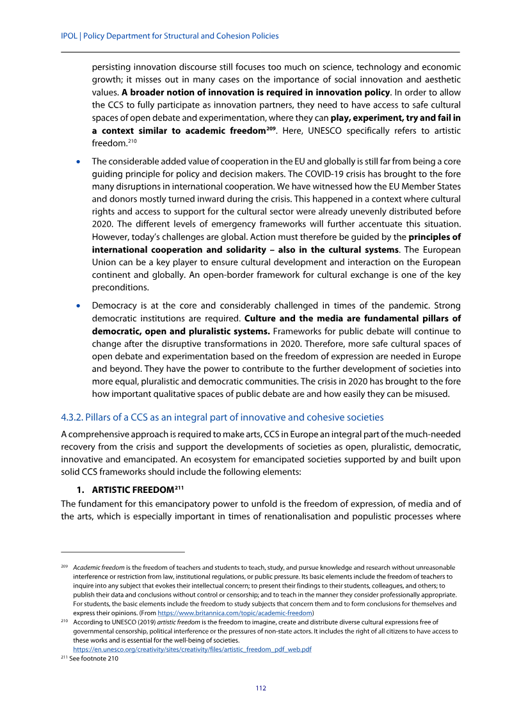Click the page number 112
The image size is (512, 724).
[x=260, y=688]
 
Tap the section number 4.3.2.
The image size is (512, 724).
[x=72, y=418]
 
